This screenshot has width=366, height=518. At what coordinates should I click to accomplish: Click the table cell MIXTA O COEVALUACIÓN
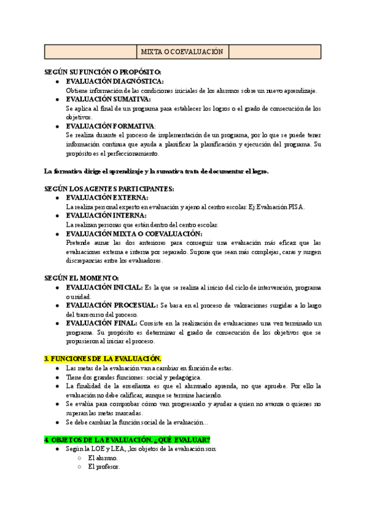pos(182,52)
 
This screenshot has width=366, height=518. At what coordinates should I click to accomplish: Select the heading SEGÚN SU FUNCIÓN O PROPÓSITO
pos(102,72)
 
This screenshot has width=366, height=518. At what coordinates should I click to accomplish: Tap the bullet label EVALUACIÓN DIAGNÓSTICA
pos(115,81)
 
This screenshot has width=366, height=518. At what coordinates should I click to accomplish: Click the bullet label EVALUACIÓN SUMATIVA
pos(108,99)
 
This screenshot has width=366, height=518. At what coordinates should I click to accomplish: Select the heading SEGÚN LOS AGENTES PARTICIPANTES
pos(109,189)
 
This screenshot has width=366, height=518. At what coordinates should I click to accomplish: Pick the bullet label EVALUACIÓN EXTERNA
pos(107,198)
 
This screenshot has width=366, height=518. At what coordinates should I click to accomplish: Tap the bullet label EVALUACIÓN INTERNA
pos(106,216)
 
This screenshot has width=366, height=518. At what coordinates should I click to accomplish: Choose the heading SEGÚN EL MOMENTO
pos(81,278)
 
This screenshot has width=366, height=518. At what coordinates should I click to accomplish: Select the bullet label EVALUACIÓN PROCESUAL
pos(112,305)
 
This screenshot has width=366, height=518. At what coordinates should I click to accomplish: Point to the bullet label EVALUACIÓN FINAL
pos(101,323)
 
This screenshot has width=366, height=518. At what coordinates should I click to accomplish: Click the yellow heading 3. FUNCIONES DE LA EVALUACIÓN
pos(103,359)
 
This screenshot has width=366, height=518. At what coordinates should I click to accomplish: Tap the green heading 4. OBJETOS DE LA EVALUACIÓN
pos(127,440)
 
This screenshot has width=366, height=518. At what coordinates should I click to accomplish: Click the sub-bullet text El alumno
pos(103,458)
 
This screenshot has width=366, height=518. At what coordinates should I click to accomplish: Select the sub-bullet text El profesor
pos(104,467)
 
